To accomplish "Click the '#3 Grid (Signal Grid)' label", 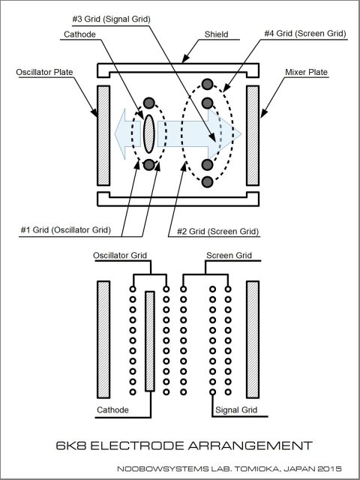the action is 112,19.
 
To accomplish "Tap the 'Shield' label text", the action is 217,34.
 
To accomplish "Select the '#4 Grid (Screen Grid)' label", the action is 305,33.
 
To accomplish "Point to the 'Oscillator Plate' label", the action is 45,72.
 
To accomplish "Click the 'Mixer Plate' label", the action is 307,72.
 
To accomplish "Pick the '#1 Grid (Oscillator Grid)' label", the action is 66,230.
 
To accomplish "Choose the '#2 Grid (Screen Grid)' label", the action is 218,231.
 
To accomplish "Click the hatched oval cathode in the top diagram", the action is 149,133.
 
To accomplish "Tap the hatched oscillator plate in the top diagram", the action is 103,135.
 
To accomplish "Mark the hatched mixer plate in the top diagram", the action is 253,135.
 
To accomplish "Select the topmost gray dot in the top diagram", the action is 207,84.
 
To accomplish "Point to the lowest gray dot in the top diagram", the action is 207,181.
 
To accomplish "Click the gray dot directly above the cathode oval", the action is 149,103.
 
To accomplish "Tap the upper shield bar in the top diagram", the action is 178,65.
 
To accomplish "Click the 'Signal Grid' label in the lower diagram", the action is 236,409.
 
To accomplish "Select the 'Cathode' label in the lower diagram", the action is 112,409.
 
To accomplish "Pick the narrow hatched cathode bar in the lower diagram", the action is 150,341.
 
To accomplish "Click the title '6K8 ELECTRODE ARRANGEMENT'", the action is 184,445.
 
